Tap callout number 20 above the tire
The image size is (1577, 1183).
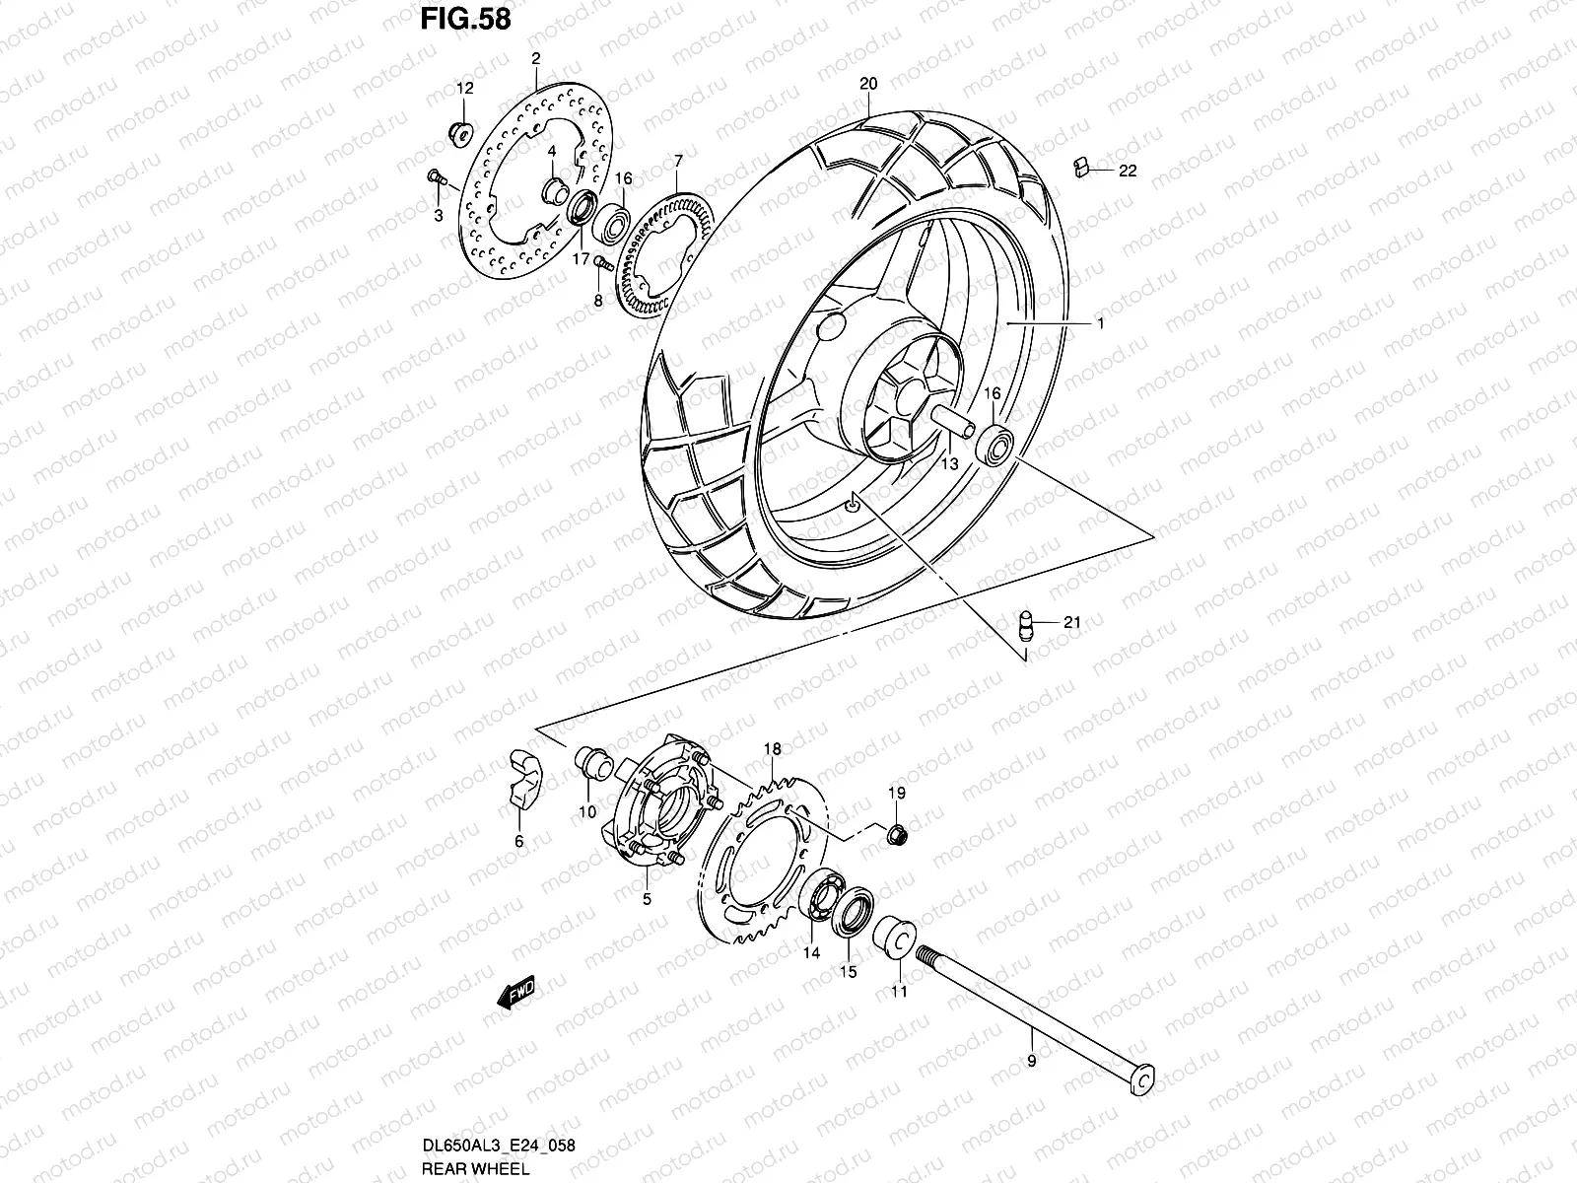[867, 84]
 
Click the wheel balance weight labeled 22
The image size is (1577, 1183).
[1081, 167]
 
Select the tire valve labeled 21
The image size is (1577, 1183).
[1026, 624]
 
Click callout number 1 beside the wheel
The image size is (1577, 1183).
[1100, 323]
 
